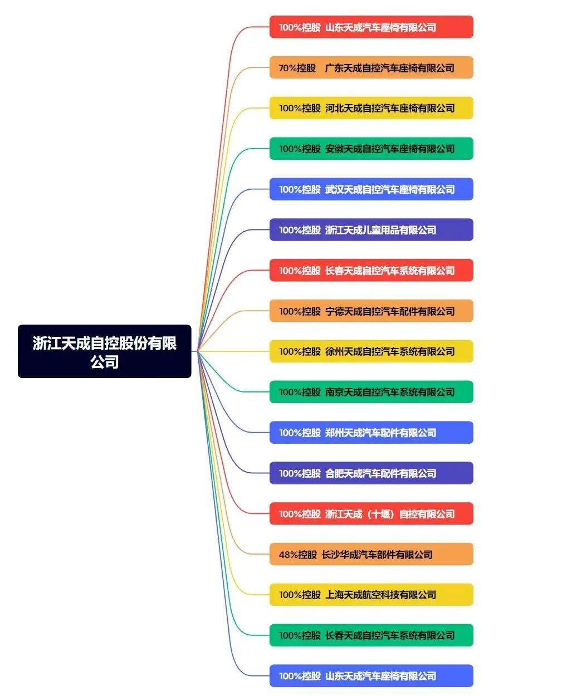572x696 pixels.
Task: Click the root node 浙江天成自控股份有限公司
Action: [105, 351]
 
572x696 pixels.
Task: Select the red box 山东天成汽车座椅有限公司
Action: [371, 27]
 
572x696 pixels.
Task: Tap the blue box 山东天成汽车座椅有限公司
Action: [371, 676]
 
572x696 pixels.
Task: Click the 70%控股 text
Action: [297, 68]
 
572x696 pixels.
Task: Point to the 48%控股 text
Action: [297, 555]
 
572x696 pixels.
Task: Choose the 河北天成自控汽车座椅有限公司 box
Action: [371, 108]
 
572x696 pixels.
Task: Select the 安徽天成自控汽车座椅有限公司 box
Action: [371, 149]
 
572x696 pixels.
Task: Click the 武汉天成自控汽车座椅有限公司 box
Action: [371, 189]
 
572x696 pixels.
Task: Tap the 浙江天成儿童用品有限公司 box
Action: [371, 230]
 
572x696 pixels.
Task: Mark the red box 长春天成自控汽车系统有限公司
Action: [371, 271]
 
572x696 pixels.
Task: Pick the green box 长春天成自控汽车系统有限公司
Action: [371, 635]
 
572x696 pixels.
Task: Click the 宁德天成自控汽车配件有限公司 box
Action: [371, 311]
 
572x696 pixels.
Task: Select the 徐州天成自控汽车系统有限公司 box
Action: [371, 351]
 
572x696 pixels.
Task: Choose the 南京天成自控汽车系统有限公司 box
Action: [371, 392]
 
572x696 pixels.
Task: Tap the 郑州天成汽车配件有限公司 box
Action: [371, 433]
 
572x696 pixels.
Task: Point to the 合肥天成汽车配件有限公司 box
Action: [371, 473]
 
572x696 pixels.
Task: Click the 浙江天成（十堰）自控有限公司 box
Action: [371, 514]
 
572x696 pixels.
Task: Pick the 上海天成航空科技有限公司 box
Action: [371, 595]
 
